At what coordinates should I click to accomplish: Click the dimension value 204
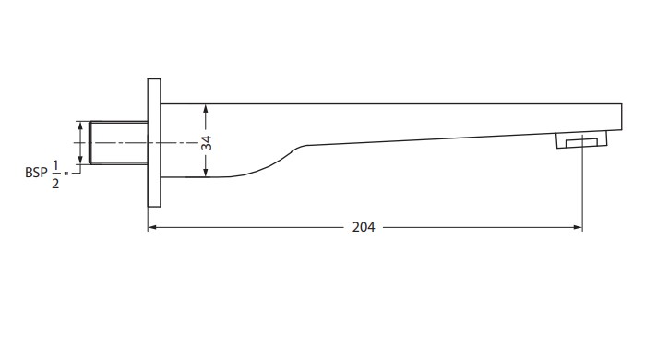pyautogui.click(x=364, y=227)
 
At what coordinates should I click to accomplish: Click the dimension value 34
pyautogui.click(x=207, y=142)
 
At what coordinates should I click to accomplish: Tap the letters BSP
pyautogui.click(x=36, y=173)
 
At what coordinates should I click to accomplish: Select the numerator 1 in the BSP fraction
pyautogui.click(x=55, y=166)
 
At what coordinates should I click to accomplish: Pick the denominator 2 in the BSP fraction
pyautogui.click(x=55, y=184)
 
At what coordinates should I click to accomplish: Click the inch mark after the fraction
pyautogui.click(x=66, y=174)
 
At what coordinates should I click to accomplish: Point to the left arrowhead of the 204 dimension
pyautogui.click(x=151, y=227)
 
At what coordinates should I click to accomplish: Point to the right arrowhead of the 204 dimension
pyautogui.click(x=579, y=227)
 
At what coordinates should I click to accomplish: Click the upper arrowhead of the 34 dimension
pyautogui.click(x=206, y=108)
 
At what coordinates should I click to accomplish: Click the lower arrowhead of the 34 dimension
pyautogui.click(x=206, y=173)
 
